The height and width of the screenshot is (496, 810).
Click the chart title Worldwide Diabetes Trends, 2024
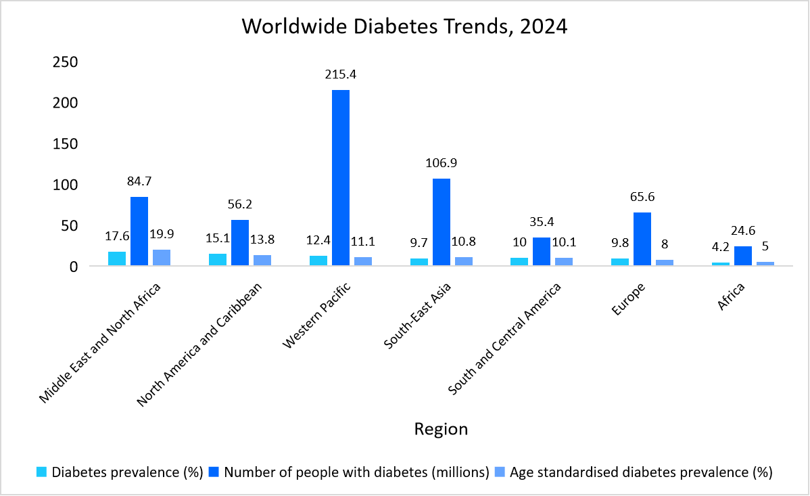[x=404, y=26]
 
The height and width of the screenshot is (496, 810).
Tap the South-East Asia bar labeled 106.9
[x=442, y=222]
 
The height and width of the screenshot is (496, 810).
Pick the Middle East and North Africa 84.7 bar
[x=139, y=231]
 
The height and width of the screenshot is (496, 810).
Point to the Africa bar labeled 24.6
[x=743, y=256]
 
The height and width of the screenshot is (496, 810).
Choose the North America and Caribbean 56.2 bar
[x=240, y=242]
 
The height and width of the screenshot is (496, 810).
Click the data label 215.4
[x=340, y=75]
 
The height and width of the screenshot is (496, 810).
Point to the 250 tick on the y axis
[x=66, y=62]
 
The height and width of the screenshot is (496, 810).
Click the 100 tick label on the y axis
[x=66, y=185]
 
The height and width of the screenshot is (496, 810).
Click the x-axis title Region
[x=440, y=429]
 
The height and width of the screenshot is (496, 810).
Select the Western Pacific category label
[x=318, y=316]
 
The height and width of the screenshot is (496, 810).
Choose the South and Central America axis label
[x=506, y=340]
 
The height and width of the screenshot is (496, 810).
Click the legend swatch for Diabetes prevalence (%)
[x=42, y=472]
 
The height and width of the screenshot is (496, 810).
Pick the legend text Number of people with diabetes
[x=356, y=472]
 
